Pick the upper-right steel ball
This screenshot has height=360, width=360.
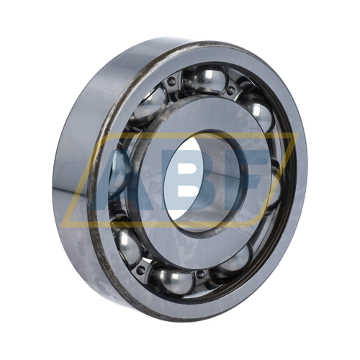tap(258, 112)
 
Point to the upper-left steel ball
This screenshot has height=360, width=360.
tap(150, 106)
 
